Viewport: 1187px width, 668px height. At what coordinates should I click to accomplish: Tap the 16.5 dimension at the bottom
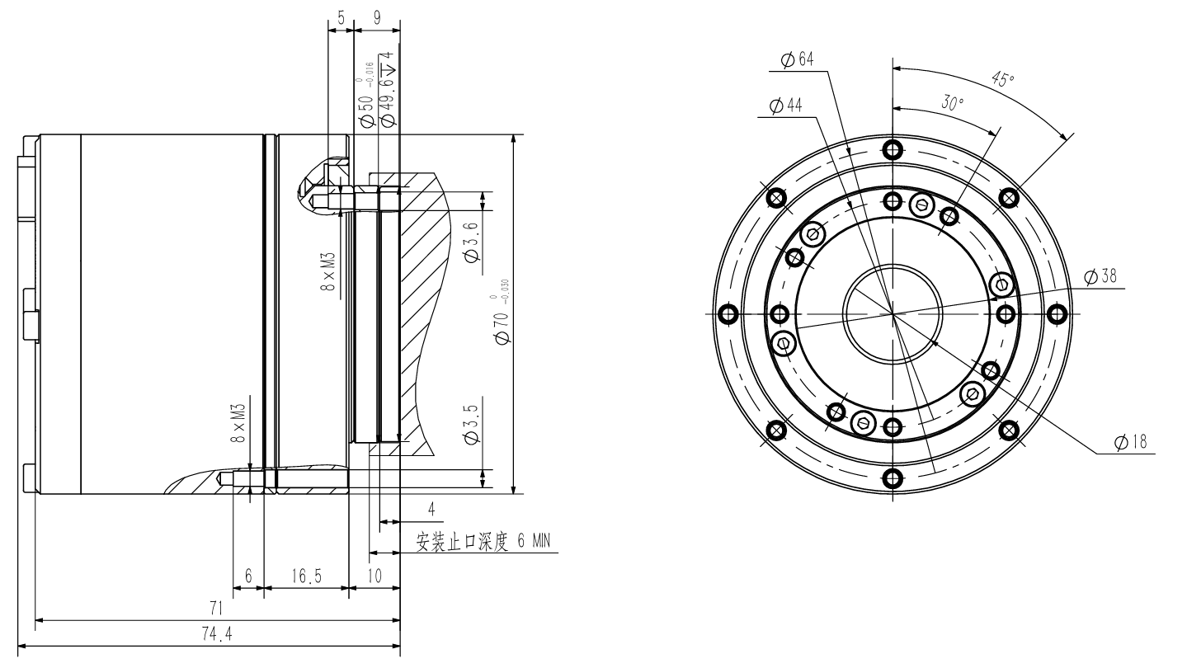[305, 576]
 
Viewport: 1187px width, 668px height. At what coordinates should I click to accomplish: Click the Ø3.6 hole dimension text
[472, 244]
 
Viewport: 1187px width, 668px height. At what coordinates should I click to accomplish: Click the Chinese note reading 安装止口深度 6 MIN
[483, 542]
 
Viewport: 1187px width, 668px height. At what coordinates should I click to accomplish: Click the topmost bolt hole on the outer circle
[892, 149]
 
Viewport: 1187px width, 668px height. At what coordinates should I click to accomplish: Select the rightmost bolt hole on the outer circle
[1057, 314]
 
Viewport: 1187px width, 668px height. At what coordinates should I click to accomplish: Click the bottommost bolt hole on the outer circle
[892, 479]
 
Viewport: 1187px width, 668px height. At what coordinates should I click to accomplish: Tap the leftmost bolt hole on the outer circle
[727, 314]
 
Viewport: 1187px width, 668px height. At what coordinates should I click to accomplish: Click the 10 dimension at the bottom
[374, 576]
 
